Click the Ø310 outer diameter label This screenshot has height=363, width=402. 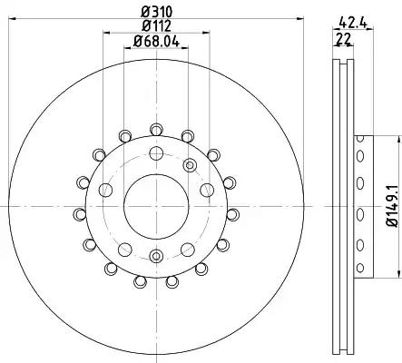[x=157, y=12]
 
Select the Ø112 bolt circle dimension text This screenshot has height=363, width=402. [x=157, y=25]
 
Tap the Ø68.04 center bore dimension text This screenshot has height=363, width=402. [x=156, y=41]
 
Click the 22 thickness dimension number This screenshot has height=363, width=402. [x=344, y=39]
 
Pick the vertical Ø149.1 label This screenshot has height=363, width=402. [x=393, y=207]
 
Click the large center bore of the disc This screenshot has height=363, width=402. [x=156, y=207]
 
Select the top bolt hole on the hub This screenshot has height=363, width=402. [x=156, y=153]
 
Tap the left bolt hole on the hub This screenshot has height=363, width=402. [x=105, y=190]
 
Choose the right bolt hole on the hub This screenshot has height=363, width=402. [x=207, y=190]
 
